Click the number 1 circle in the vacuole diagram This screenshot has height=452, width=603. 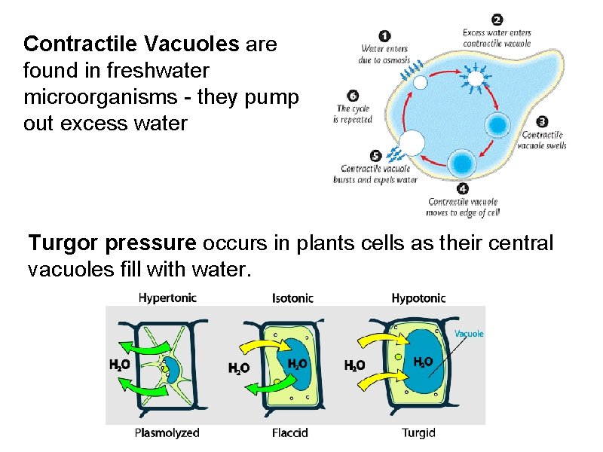tap(385, 35)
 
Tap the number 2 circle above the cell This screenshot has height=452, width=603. tap(497, 20)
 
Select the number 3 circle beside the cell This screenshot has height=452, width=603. tap(542, 121)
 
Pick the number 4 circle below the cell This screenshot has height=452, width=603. tap(462, 188)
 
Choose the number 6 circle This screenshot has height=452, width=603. tap(353, 96)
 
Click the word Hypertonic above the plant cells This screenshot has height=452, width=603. tap(167, 298)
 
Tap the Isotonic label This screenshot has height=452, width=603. tap(292, 298)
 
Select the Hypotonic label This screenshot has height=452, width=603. tap(418, 298)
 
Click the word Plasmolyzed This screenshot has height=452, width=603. tap(167, 432)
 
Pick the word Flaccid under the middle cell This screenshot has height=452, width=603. tap(290, 432)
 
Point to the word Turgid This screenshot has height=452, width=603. tap(418, 432)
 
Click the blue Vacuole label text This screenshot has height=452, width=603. tap(469, 333)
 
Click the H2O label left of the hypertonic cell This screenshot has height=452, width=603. tap(118, 365)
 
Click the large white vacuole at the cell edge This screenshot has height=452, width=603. tap(411, 142)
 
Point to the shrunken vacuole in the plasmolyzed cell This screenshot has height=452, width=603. tap(173, 369)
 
